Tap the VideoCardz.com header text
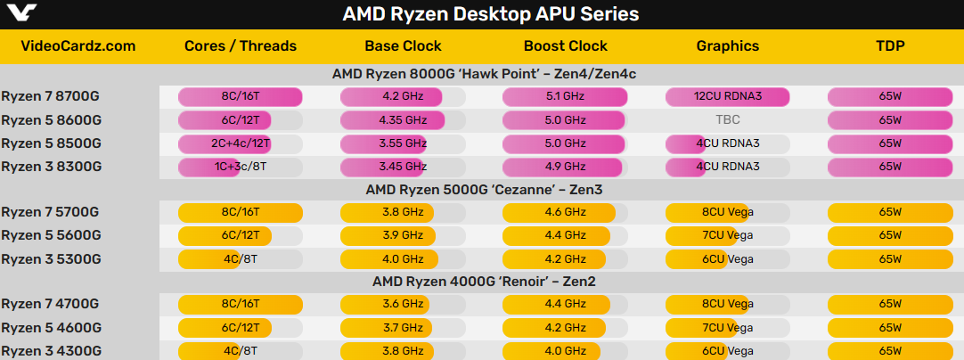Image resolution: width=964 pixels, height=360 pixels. point(78,46)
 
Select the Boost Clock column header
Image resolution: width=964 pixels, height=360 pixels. point(565,46)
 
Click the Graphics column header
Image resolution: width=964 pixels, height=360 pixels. point(727,46)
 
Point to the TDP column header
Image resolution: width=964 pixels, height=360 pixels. point(890,46)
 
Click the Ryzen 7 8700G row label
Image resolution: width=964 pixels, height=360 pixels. point(51,96)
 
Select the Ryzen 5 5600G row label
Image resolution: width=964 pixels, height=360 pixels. point(51,235)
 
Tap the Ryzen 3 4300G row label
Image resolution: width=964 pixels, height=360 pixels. point(51,351)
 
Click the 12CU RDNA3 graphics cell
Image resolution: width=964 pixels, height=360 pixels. point(727,96)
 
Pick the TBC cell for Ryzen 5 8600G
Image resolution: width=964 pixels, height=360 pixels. point(727,119)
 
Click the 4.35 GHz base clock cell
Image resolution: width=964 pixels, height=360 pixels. point(403,119)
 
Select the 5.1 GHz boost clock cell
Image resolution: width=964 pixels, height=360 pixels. point(565,96)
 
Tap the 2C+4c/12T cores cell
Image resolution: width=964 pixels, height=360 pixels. point(241,143)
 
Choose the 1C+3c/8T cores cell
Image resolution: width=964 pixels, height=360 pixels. point(241,166)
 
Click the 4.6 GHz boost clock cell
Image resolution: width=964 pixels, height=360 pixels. point(565,212)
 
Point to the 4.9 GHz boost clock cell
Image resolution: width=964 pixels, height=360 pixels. point(565,166)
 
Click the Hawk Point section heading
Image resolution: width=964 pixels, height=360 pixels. point(483,73)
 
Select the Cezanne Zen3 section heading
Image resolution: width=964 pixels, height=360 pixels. point(483,189)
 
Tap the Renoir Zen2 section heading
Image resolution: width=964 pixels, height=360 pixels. point(483,282)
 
